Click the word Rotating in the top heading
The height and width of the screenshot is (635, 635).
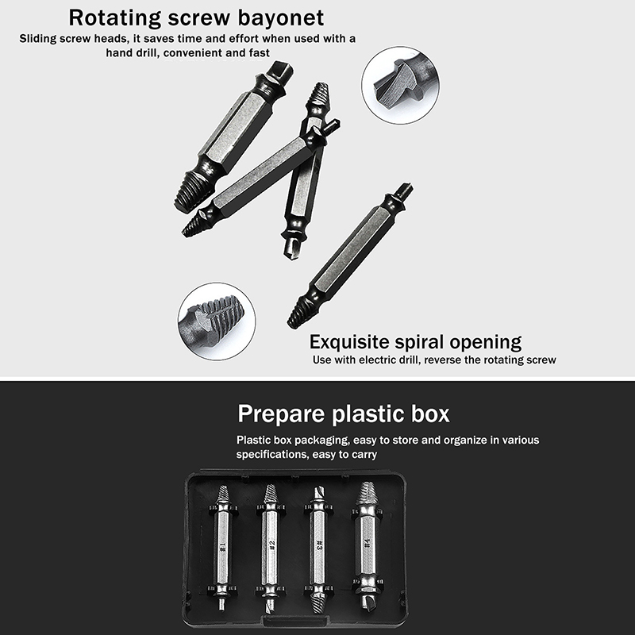tap(115, 18)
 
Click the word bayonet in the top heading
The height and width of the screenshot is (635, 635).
tap(281, 17)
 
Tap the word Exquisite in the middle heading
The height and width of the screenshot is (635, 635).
tap(349, 342)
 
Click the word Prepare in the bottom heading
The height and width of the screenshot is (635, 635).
tap(281, 414)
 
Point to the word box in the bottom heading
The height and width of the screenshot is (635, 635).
tap(430, 414)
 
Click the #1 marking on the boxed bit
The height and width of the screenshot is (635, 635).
tap(222, 548)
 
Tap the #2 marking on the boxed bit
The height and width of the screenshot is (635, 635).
tap(272, 545)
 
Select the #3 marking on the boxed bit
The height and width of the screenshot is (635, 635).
tap(320, 545)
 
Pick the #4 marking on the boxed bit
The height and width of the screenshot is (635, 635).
tap(367, 543)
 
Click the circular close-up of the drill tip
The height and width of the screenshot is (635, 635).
tap(400, 86)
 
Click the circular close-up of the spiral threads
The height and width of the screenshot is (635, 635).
tap(217, 321)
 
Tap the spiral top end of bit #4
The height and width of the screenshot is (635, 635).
tap(367, 494)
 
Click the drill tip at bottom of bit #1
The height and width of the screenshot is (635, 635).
tap(221, 602)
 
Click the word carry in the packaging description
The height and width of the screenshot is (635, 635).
tap(364, 455)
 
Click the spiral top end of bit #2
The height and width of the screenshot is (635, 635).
tap(271, 494)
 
